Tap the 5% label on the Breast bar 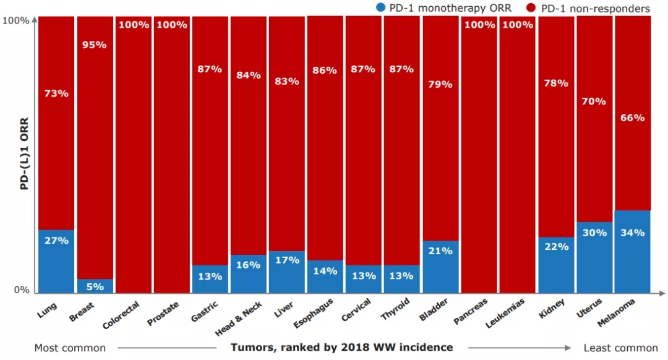pos(95,286)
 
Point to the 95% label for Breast pos(95,45)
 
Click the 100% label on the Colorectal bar pos(134,25)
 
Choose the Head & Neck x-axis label pos(239,318)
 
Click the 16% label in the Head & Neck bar pos(248,265)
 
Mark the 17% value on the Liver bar pos(286,260)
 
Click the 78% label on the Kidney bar pos(555,83)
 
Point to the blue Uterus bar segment pos(594,257)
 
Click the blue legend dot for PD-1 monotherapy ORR pos(380,8)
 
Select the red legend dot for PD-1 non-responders pos(531,8)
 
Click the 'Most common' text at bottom pos(70,348)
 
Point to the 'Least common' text pos(621,348)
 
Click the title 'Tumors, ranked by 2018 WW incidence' pos(341,348)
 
